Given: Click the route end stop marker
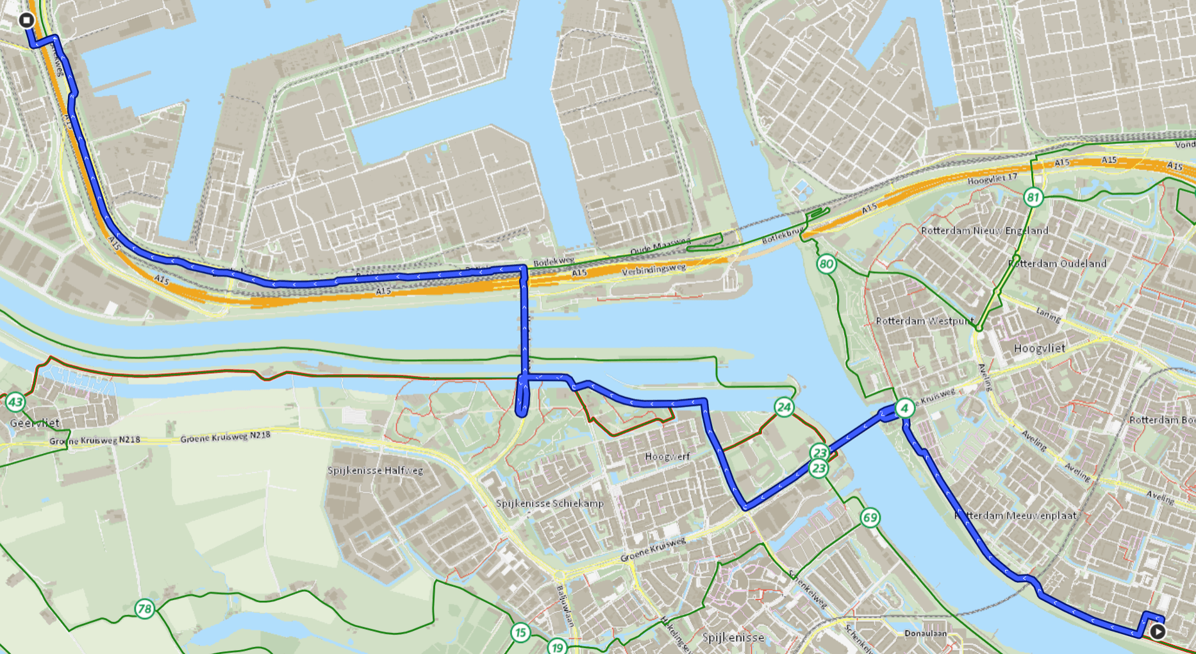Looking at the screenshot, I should [26, 21].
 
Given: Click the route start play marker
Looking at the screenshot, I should [1157, 631].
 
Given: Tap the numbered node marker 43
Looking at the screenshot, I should [15, 403].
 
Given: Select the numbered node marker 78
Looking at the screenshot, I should [145, 608].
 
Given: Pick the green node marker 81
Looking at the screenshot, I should [1033, 197].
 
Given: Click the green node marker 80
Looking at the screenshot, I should [826, 264].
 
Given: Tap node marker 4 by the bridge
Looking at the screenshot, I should [904, 408].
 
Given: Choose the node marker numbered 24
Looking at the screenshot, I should [784, 407].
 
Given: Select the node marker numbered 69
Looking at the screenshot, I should [870, 517].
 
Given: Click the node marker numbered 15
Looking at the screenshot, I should [520, 633].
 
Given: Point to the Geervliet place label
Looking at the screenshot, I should [35, 423].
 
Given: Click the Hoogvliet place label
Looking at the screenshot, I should [1040, 348].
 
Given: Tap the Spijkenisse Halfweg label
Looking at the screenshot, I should [375, 471].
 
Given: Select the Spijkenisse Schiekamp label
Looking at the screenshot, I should [550, 503].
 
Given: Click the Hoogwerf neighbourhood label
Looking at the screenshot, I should [667, 457].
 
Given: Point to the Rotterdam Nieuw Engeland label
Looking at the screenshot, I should [984, 231].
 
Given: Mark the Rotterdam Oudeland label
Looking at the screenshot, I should [1058, 264].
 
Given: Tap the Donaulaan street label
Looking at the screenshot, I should [926, 633].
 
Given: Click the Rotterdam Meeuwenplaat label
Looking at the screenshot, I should [1015, 516].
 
